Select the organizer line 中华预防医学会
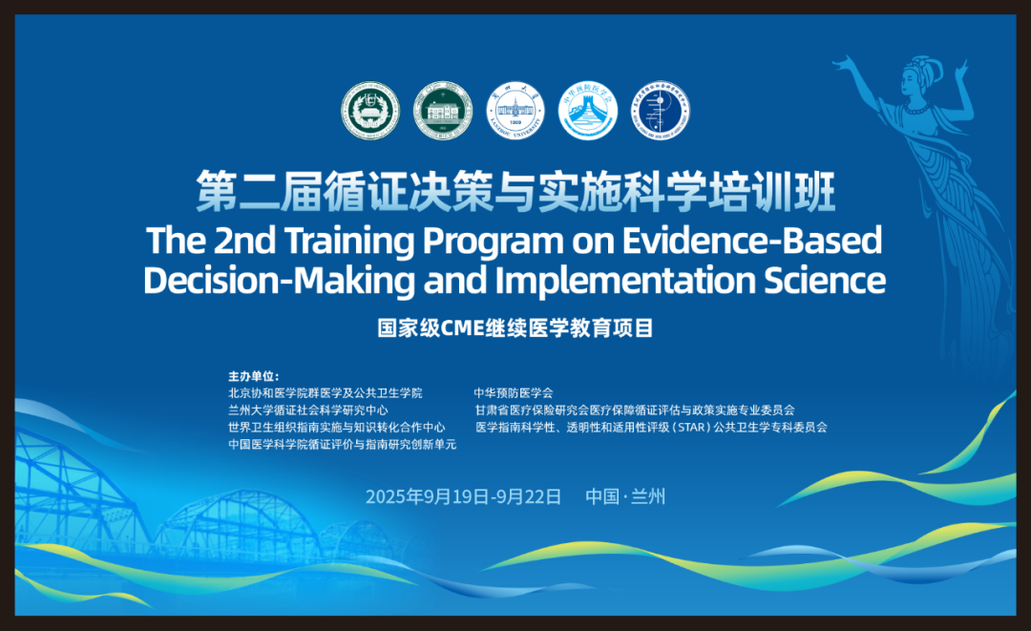[x=514, y=392]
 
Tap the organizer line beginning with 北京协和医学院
[x=325, y=392]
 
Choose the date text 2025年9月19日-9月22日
[x=464, y=496]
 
